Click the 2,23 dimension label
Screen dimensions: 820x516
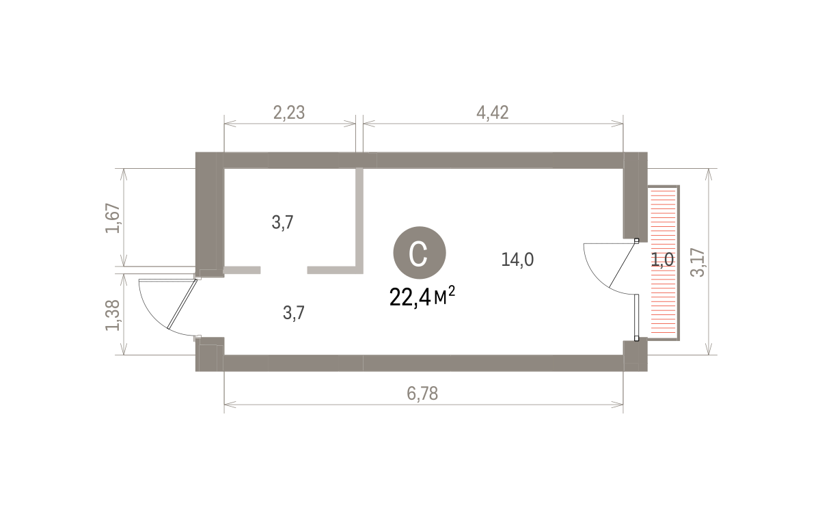[289, 113]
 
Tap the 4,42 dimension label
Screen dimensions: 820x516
[493, 113]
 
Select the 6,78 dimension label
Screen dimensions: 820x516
[422, 394]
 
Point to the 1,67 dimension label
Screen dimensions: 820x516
[113, 218]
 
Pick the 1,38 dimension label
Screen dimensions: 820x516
[113, 315]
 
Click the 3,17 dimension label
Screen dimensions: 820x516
[698, 262]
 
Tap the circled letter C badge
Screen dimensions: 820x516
[419, 253]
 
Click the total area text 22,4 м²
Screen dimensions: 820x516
[422, 296]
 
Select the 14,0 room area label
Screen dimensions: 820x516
[517, 260]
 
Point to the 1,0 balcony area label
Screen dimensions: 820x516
[662, 260]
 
